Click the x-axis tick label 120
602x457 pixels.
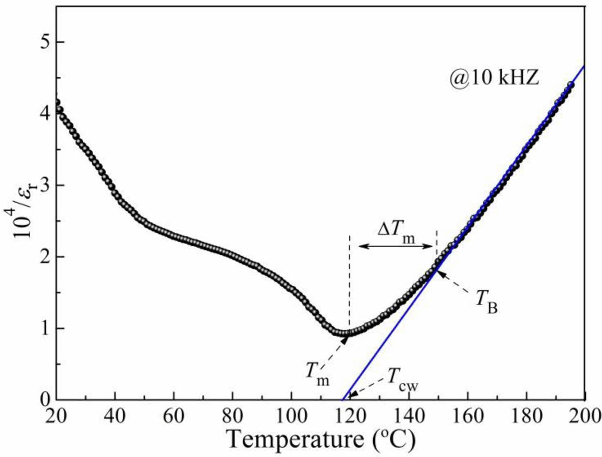[350, 415]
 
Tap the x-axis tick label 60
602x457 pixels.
[174, 415]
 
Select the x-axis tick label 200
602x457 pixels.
[584, 415]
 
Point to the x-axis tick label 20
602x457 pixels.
[57, 415]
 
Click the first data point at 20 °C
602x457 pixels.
[57, 102]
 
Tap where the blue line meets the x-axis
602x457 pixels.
[343, 399]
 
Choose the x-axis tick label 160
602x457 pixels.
[467, 415]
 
